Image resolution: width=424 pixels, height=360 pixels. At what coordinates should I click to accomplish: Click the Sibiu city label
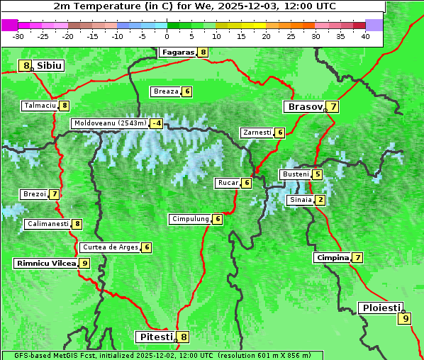pyautogui.click(x=50, y=66)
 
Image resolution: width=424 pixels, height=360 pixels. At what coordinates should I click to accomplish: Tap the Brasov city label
pyautogui.click(x=304, y=107)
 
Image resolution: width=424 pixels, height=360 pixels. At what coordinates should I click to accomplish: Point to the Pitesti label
pyautogui.click(x=155, y=337)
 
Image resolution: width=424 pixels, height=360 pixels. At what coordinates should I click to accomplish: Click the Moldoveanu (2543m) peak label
pyautogui.click(x=110, y=123)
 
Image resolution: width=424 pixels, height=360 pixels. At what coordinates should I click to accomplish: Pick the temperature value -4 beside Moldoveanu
pyautogui.click(x=156, y=123)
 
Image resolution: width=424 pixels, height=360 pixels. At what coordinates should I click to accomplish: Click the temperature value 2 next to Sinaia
pyautogui.click(x=320, y=200)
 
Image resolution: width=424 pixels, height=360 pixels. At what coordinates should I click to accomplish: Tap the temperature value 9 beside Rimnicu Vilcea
pyautogui.click(x=84, y=263)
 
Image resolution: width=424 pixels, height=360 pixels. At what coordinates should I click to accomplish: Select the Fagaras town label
pyautogui.click(x=177, y=52)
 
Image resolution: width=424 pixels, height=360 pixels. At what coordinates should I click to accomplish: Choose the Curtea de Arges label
pyautogui.click(x=109, y=247)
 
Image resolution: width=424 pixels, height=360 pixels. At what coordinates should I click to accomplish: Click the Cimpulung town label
pyautogui.click(x=190, y=219)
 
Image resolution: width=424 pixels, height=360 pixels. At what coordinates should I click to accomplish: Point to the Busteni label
pyautogui.click(x=295, y=174)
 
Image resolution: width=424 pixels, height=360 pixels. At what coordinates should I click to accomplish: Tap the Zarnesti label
pyautogui.click(x=257, y=133)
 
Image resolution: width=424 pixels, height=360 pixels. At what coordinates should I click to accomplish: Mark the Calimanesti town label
pyautogui.click(x=48, y=224)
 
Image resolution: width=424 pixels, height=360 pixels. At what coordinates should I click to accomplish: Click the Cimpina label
pyautogui.click(x=333, y=258)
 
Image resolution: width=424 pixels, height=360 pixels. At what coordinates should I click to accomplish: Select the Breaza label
pyautogui.click(x=166, y=91)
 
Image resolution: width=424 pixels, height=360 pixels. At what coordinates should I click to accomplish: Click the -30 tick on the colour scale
pyautogui.click(x=18, y=36)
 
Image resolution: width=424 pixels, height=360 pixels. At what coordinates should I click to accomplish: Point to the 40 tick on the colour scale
pyautogui.click(x=365, y=36)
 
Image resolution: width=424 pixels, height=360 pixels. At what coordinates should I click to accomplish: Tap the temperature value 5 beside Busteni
pyautogui.click(x=318, y=174)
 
